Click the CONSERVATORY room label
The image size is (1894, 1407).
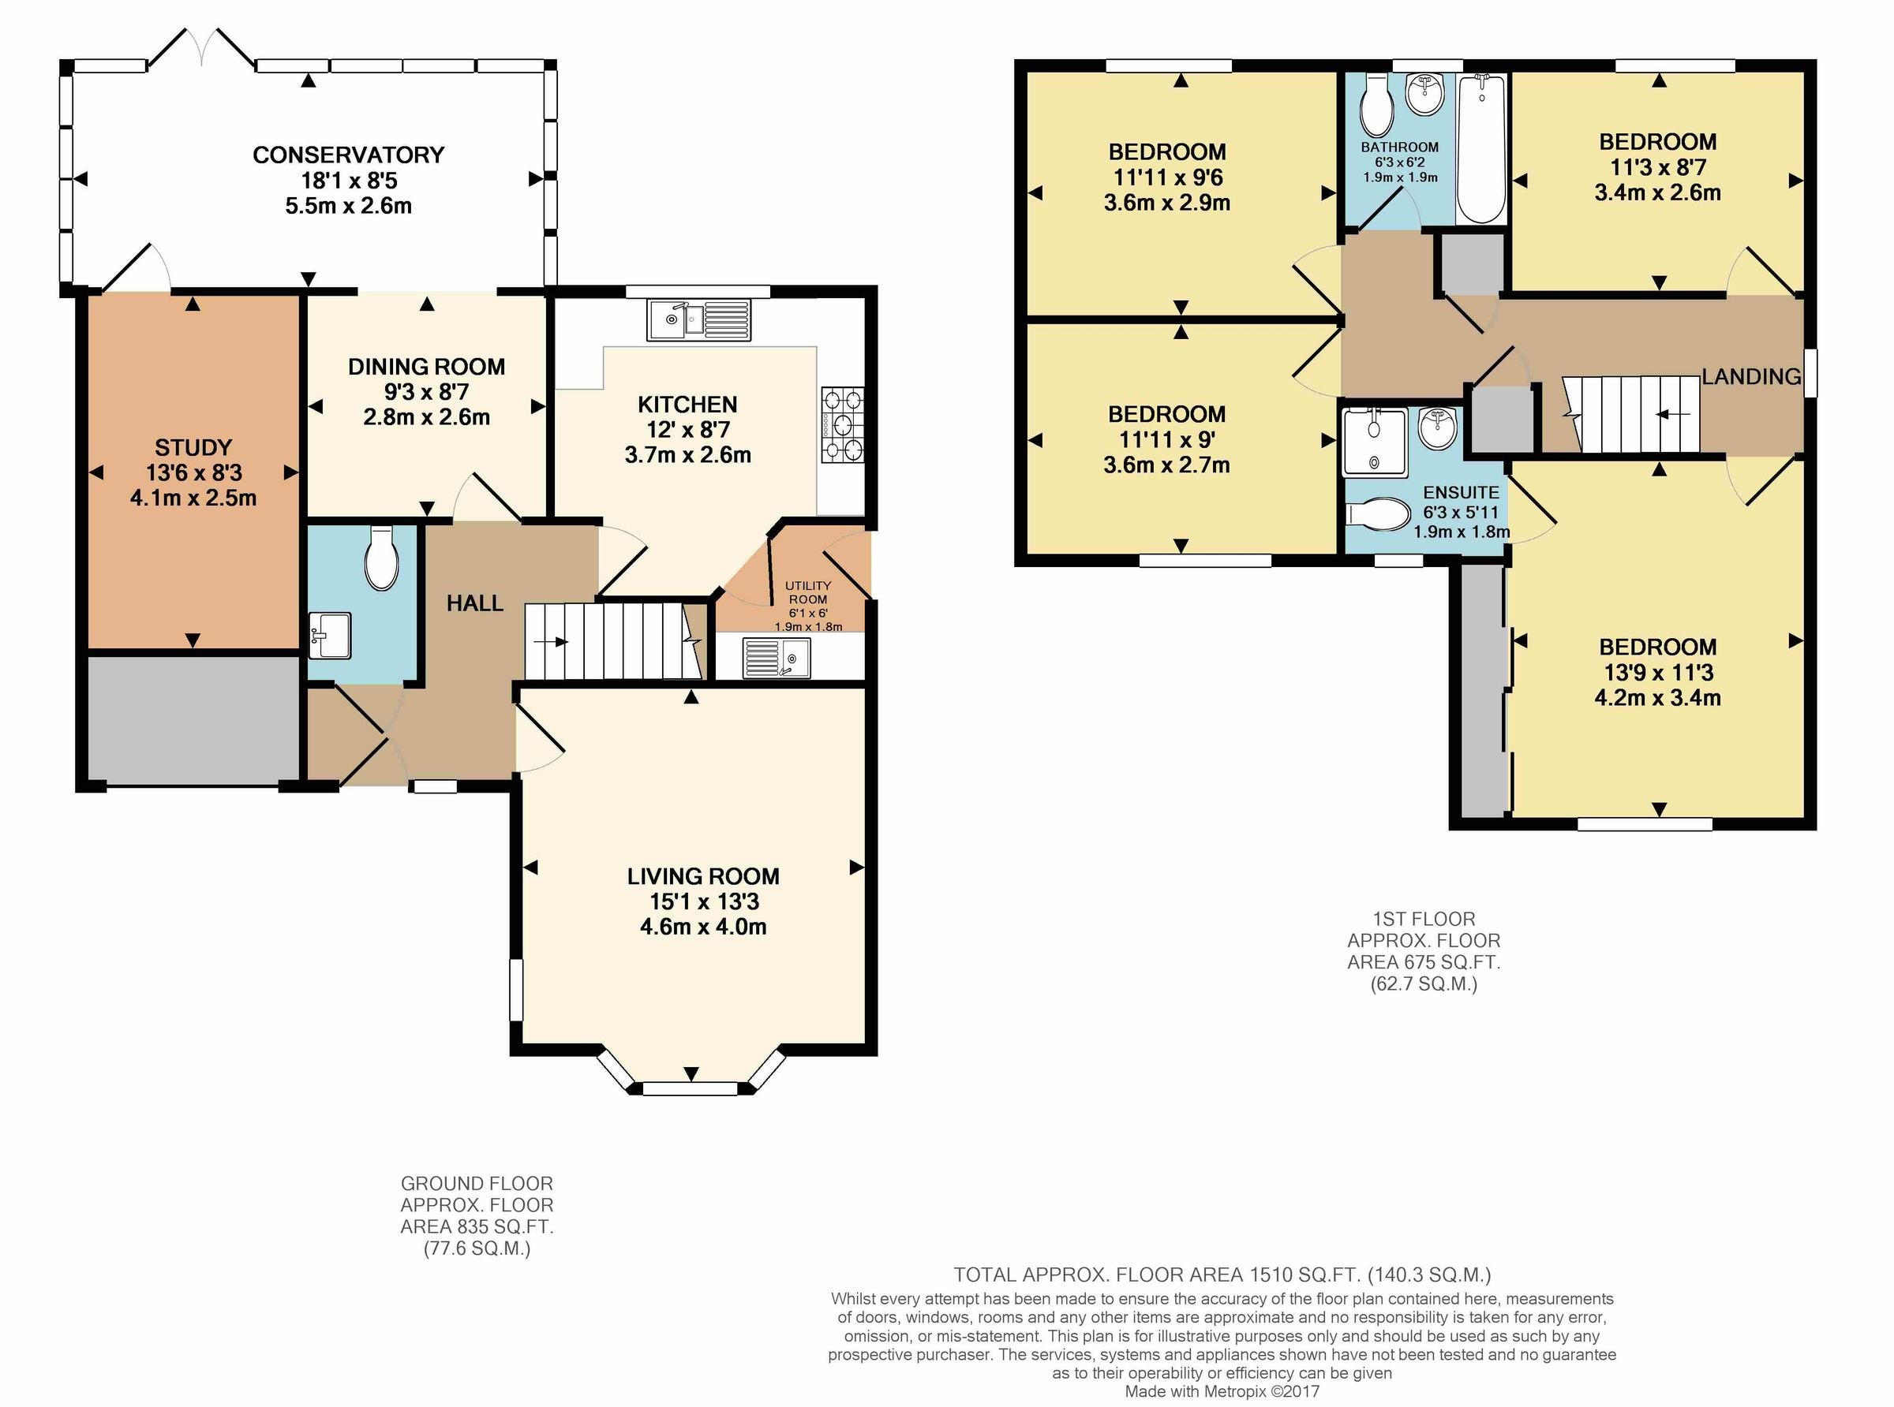click(x=349, y=155)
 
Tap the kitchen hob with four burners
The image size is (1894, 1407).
click(x=842, y=424)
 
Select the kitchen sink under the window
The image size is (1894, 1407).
click(x=698, y=319)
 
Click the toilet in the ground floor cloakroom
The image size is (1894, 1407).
click(x=381, y=558)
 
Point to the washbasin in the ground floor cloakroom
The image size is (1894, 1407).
click(x=329, y=636)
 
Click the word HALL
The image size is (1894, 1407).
click(x=474, y=603)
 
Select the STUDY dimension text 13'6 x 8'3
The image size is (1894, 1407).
click(x=193, y=472)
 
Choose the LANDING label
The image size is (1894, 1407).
click(x=1751, y=376)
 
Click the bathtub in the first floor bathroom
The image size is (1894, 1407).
click(x=1480, y=149)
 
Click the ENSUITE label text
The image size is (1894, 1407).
click(x=1460, y=492)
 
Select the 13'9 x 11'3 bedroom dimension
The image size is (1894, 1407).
click(x=1658, y=672)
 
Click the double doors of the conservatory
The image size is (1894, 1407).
click(x=201, y=47)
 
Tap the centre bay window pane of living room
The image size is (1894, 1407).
click(x=690, y=1088)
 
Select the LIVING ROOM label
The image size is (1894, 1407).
click(x=703, y=876)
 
